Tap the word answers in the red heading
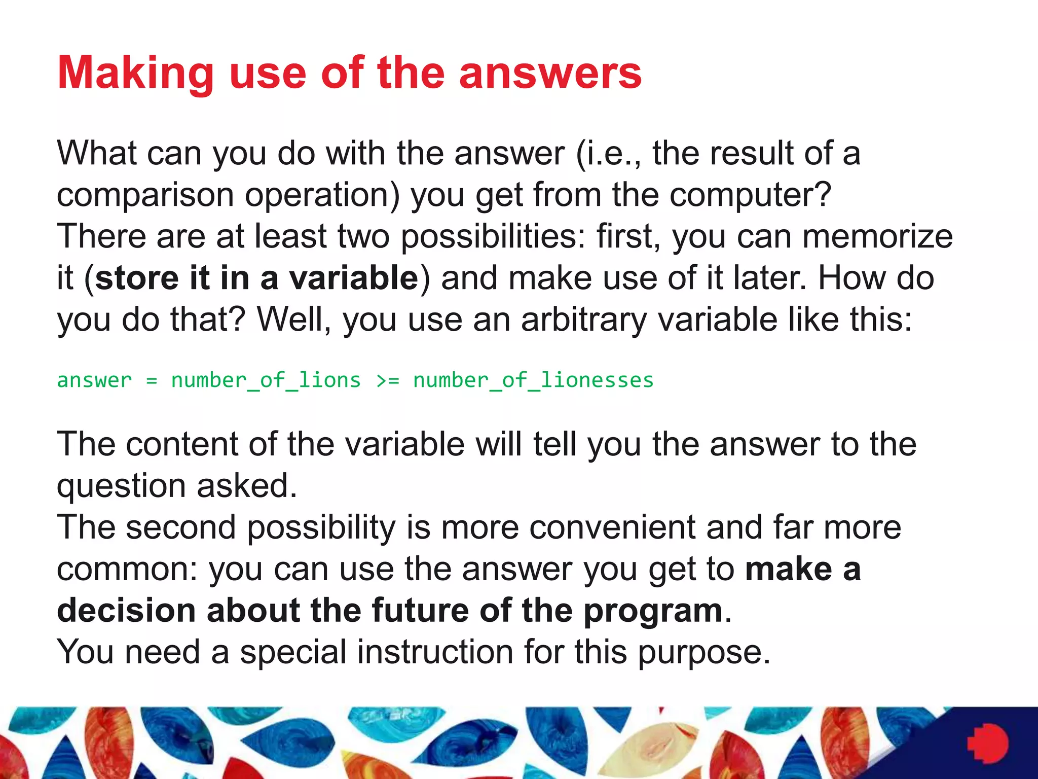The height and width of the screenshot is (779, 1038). click(x=550, y=74)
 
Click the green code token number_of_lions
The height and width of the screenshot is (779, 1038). click(x=266, y=380)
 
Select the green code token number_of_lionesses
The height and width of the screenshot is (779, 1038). click(x=533, y=380)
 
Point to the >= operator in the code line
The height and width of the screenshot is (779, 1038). click(x=388, y=380)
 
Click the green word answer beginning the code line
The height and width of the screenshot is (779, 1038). click(x=94, y=380)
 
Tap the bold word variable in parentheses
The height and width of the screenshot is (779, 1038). click(x=353, y=278)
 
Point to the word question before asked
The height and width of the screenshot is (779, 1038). click(x=122, y=486)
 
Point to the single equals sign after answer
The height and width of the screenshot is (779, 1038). click(x=152, y=380)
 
